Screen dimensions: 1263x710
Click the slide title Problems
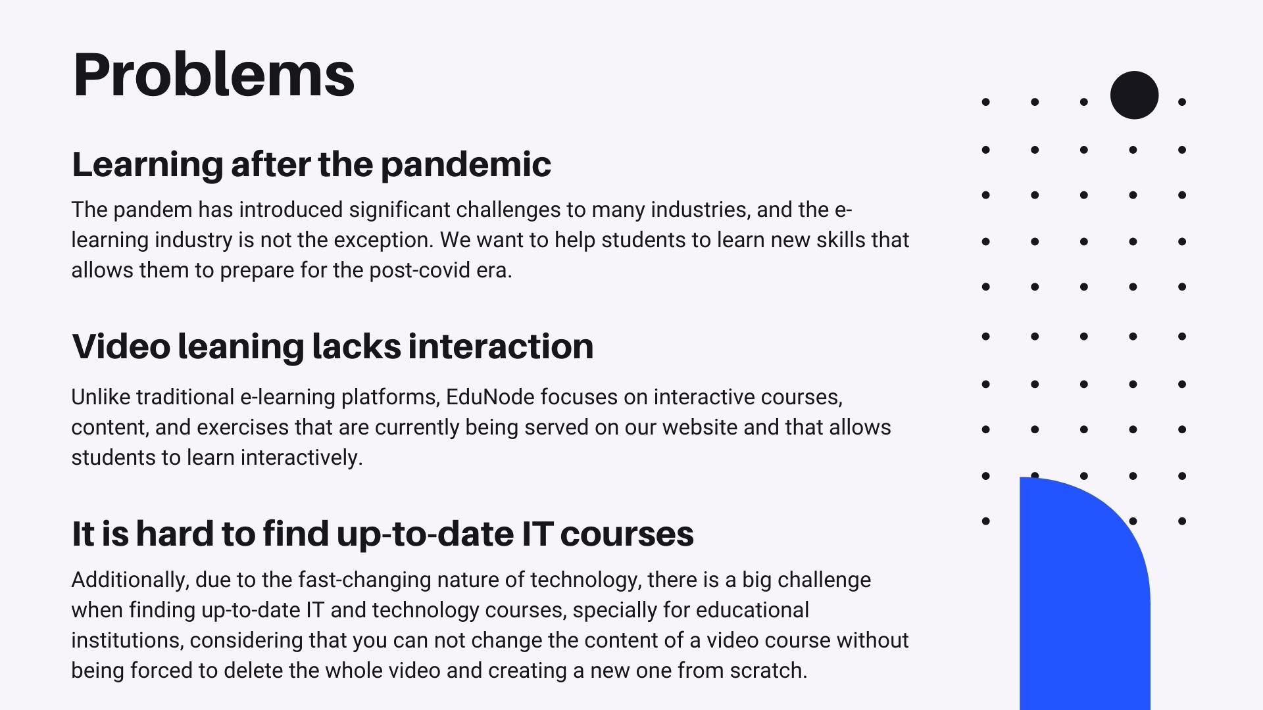tap(214, 75)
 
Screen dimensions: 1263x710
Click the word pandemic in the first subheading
tap(466, 165)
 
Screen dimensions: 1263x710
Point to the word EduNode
tap(489, 397)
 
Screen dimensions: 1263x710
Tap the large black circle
tap(1134, 95)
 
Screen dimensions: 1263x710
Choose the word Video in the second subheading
tap(121, 346)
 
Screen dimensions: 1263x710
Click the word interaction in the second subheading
tap(501, 346)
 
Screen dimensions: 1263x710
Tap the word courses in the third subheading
tap(627, 534)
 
